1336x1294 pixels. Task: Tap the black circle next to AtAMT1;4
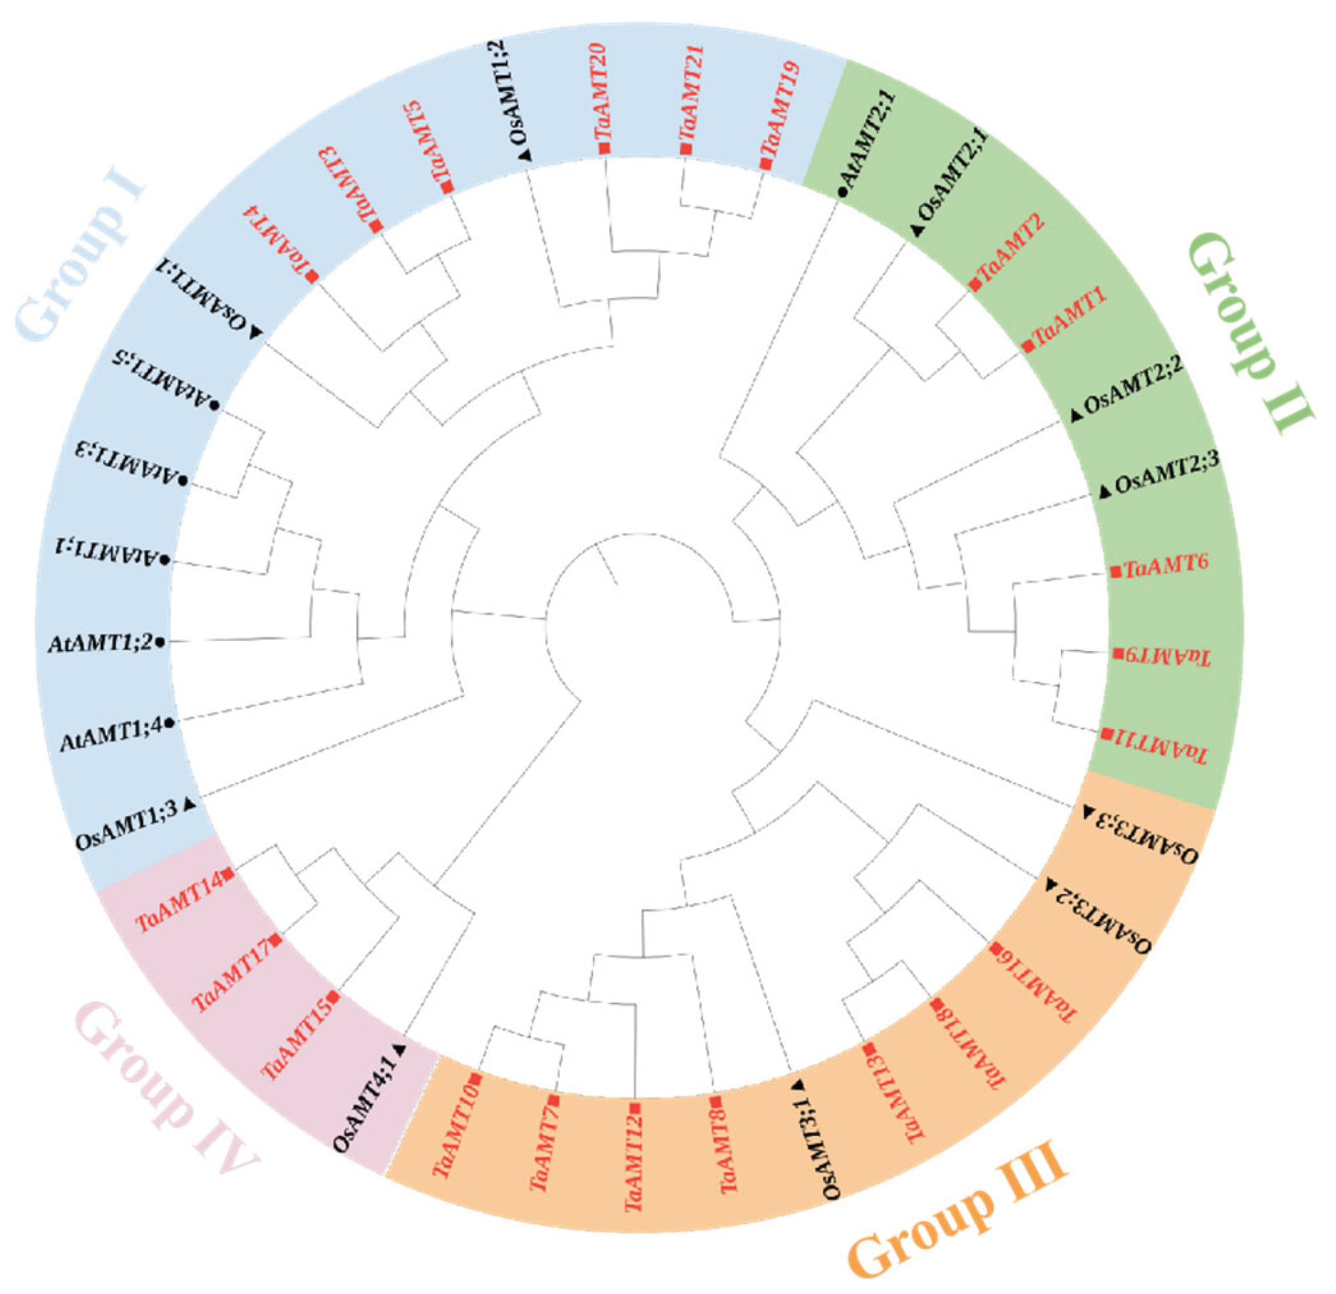pyautogui.click(x=169, y=722)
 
